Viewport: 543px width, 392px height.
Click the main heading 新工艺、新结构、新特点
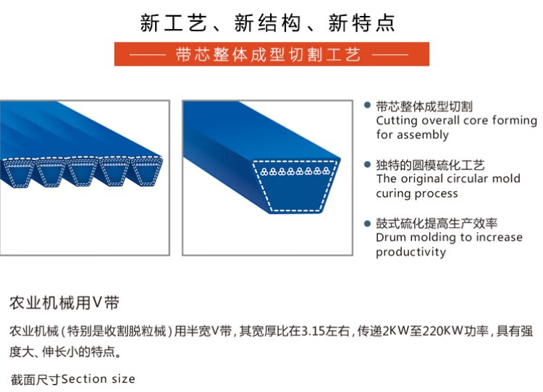[x=267, y=24]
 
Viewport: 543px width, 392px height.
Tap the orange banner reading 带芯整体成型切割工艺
[x=271, y=54]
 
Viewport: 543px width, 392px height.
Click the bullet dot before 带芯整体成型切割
[x=367, y=105]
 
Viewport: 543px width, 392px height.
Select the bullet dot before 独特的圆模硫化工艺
[x=367, y=164]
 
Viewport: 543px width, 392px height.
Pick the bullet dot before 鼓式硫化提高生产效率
[x=367, y=223]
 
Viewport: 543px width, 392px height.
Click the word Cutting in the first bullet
[x=397, y=121]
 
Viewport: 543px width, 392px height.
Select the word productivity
[x=411, y=252]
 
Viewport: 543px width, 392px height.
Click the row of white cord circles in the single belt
[x=295, y=171]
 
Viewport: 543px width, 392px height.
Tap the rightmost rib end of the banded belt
[x=147, y=171]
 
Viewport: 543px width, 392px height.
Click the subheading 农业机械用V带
[x=64, y=303]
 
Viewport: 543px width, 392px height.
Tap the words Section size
[x=98, y=379]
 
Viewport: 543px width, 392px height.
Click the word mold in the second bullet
[x=509, y=179]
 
